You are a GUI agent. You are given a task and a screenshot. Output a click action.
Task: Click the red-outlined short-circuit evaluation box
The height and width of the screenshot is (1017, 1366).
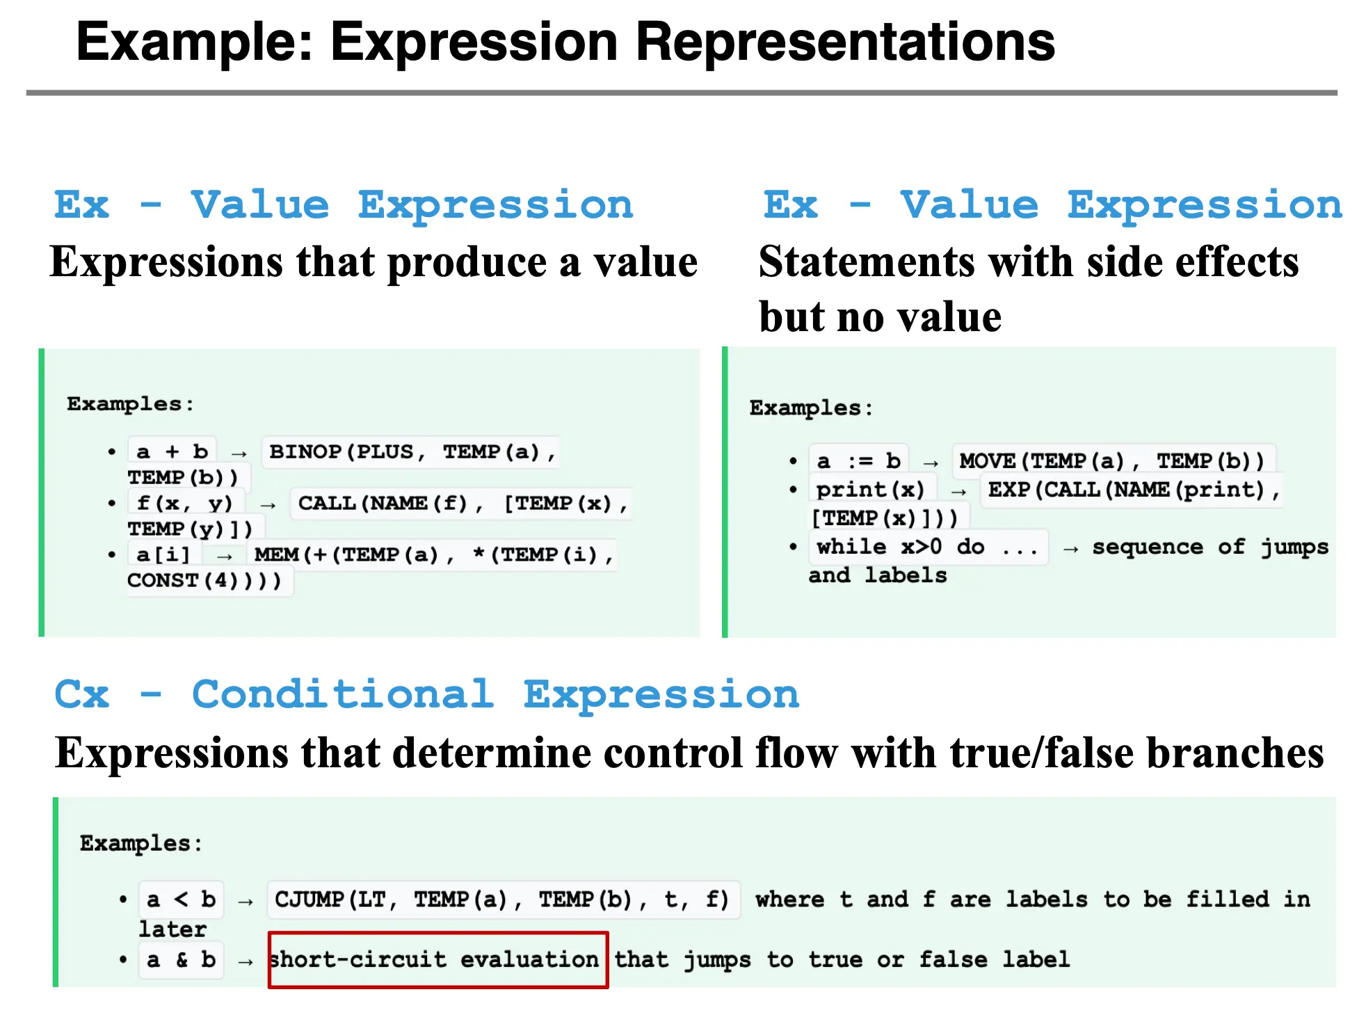pyautogui.click(x=438, y=933)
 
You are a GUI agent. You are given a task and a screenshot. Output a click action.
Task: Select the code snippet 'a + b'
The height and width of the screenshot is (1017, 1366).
pyautogui.click(x=172, y=451)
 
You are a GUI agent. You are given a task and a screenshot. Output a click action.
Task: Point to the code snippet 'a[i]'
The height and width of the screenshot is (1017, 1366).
pyautogui.click(x=163, y=554)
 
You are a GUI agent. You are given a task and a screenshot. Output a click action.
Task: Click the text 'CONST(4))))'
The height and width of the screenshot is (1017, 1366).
pyautogui.click(x=204, y=580)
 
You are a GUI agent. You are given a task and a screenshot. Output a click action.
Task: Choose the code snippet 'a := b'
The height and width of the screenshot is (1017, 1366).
pyautogui.click(x=859, y=461)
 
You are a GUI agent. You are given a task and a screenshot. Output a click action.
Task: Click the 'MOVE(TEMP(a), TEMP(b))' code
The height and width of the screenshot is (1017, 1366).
pyautogui.click(x=1112, y=461)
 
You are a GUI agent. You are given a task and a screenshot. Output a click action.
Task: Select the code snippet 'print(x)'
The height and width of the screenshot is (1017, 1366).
pyautogui.click(x=870, y=490)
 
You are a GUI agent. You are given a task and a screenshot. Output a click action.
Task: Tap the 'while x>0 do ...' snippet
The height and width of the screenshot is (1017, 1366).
pyautogui.click(x=928, y=547)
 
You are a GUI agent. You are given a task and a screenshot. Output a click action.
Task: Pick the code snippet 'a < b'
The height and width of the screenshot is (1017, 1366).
pyautogui.click(x=181, y=899)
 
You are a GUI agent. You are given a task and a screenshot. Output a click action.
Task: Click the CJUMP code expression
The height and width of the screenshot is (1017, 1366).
pyautogui.click(x=502, y=899)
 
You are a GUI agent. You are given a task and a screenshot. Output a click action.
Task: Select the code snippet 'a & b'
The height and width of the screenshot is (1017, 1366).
pyautogui.click(x=181, y=959)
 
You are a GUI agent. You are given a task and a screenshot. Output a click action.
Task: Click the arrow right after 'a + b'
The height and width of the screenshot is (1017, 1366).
pyautogui.click(x=239, y=454)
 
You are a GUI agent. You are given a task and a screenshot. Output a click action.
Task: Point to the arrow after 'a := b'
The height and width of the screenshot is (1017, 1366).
pyautogui.click(x=931, y=463)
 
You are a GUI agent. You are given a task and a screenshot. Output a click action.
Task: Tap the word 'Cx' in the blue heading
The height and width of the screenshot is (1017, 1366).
pyautogui.click(x=82, y=694)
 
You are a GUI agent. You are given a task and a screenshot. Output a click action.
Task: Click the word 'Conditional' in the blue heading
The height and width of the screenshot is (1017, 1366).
pyautogui.click(x=343, y=694)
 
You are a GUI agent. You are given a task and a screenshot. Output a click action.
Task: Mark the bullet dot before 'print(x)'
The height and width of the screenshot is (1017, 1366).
pyautogui.click(x=793, y=490)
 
